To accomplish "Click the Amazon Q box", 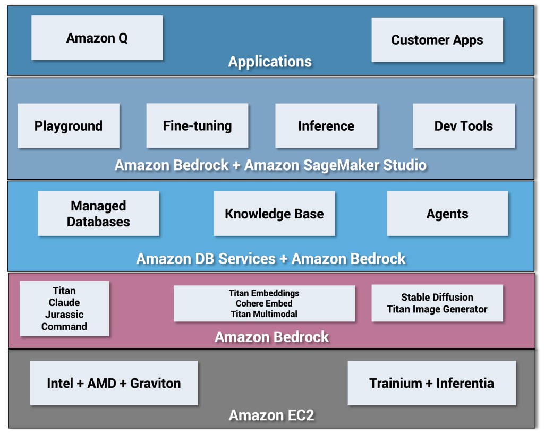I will pos(97,38).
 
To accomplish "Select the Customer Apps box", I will pos(437,40).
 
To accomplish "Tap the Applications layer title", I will pos(270,62).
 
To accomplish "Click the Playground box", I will pos(69,126).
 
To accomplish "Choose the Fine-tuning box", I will pos(197,126).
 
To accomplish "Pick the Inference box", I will pos(326,126).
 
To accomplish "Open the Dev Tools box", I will pos(464,126).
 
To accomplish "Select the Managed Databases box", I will pos(98,214).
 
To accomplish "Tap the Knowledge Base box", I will pos(274,214).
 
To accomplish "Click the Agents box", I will pos(447,214).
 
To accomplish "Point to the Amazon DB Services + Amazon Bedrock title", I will pos(271,259).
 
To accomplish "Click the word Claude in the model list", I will pos(64,303).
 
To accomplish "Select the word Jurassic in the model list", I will pos(64,315).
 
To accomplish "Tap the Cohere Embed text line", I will pos(264,303).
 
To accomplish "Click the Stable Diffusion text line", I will pos(437,298).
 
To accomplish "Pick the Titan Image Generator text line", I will pos(437,309).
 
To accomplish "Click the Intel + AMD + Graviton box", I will pos(114,383).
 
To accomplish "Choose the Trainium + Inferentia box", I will pos(431,383).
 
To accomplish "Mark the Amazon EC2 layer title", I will pos(271,415).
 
